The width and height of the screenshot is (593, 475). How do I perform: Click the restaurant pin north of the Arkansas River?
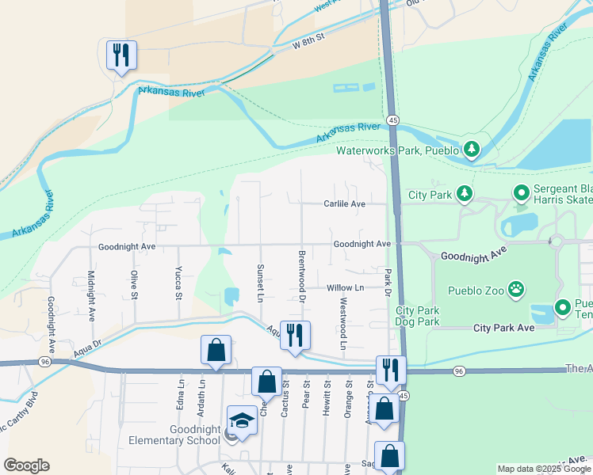(121, 55)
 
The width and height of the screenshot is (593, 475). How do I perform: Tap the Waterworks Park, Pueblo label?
(398, 150)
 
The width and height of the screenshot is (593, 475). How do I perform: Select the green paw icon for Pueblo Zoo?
(516, 290)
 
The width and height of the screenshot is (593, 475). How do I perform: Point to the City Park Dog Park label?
(418, 316)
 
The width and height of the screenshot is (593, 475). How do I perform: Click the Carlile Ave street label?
(344, 203)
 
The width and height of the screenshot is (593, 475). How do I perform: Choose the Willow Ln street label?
(345, 287)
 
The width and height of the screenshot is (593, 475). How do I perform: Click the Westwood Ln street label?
(343, 324)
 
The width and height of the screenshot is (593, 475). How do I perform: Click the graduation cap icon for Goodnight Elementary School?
(243, 420)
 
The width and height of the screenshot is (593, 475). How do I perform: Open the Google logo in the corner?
(26, 465)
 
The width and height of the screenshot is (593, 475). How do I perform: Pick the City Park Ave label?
(505, 328)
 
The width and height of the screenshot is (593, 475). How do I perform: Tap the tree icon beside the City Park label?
(464, 194)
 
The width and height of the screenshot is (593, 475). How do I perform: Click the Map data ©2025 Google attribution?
(544, 469)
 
